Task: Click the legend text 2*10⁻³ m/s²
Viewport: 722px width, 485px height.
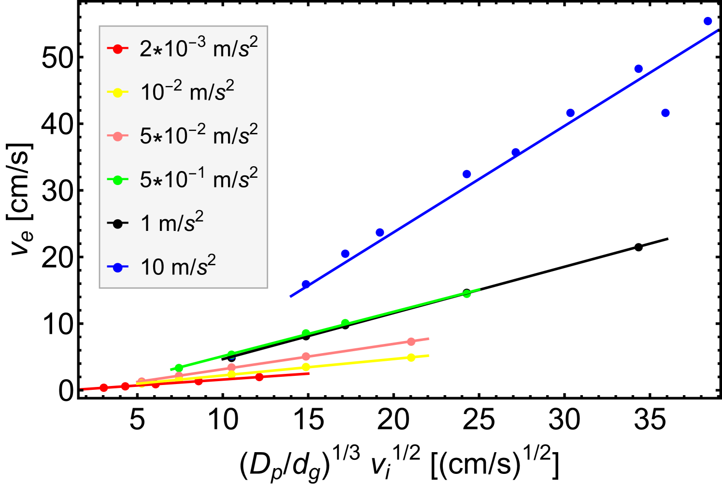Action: coord(198,48)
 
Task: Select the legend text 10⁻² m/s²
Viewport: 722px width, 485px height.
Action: coord(187,92)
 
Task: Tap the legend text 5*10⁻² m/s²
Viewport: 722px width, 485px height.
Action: coord(198,135)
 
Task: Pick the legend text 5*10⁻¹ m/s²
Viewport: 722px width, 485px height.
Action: coord(198,179)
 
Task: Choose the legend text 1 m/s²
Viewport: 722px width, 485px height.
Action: coord(171,223)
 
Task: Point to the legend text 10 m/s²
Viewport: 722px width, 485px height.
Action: coord(178,267)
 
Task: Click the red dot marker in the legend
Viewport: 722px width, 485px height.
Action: coord(117,49)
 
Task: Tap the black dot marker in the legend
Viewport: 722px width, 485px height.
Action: coord(117,224)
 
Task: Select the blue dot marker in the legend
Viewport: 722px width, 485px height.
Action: coord(117,267)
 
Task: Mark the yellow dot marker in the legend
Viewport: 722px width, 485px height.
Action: coord(117,92)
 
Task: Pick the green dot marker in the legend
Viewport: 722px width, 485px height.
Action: coord(117,180)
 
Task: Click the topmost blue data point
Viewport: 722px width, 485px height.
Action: coord(708,21)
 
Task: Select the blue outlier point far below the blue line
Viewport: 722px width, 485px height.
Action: coord(665,113)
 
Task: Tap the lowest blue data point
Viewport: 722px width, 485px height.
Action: coord(305,284)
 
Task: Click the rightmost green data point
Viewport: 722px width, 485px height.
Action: coord(467,294)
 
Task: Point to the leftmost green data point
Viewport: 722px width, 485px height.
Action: coord(179,368)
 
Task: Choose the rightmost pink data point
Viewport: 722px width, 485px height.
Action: coord(411,342)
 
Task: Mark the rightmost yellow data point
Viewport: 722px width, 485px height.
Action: coord(411,357)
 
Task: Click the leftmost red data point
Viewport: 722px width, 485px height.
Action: coord(104,387)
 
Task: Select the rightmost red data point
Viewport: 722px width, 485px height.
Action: coord(259,377)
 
